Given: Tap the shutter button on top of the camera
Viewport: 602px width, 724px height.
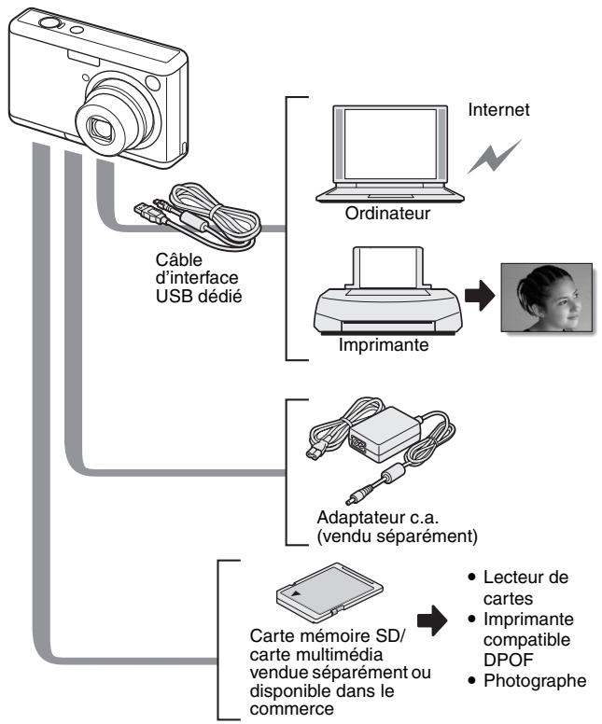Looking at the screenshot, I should (48, 18).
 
